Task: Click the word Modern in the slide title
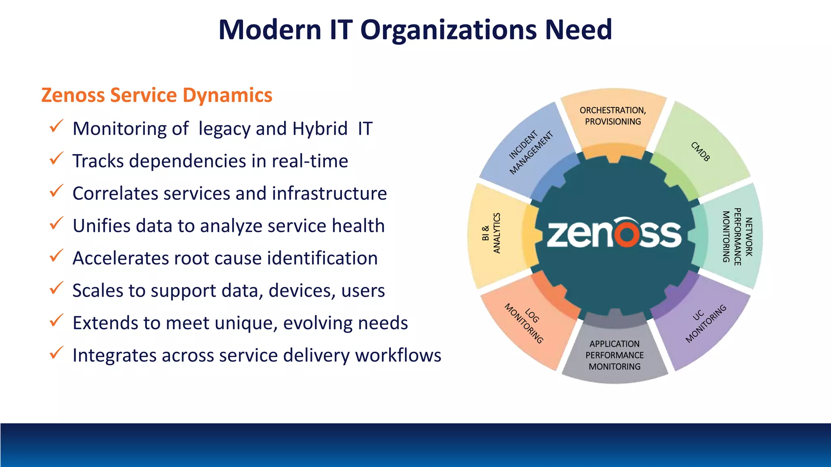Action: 270,30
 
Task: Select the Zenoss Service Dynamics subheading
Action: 157,95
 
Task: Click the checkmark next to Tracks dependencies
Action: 56,159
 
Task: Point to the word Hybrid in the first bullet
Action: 320,129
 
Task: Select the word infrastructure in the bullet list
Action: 329,193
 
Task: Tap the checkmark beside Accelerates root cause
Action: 56,256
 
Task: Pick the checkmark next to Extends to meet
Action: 56,321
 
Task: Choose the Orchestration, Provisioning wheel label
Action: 613,116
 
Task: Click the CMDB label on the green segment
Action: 700,152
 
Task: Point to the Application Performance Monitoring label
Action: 614,355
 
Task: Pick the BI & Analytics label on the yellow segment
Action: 491,233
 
